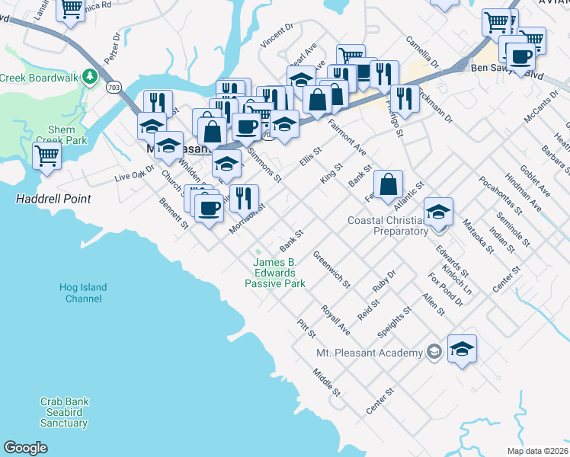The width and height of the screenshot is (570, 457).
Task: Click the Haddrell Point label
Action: pyautogui.click(x=53, y=199)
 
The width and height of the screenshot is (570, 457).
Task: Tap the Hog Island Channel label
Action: pyautogui.click(x=83, y=293)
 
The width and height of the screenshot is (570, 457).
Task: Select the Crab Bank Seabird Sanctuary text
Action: pyautogui.click(x=64, y=412)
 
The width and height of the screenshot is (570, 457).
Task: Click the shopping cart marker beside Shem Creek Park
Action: pyautogui.click(x=47, y=156)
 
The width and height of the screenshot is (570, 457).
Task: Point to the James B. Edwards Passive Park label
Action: pyautogui.click(x=274, y=273)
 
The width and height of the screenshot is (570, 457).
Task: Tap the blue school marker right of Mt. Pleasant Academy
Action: pyautogui.click(x=462, y=349)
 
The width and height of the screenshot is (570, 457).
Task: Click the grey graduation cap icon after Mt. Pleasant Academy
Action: pyautogui.click(x=434, y=352)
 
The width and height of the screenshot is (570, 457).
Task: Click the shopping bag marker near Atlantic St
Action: pyautogui.click(x=388, y=184)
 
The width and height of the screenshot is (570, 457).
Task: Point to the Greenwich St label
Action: pyautogui.click(x=331, y=271)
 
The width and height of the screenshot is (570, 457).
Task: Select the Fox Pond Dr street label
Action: pyautogui.click(x=446, y=289)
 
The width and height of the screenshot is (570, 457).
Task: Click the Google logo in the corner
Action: pyautogui.click(x=26, y=448)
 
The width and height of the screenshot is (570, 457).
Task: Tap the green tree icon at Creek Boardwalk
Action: pyautogui.click(x=90, y=76)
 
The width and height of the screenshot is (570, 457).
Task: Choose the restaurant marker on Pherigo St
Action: pyautogui.click(x=404, y=99)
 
